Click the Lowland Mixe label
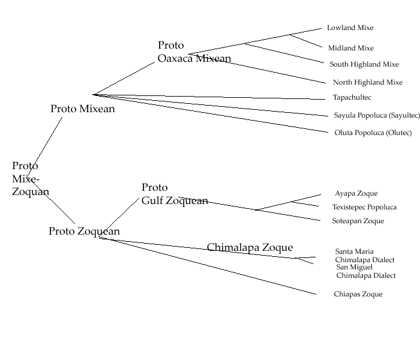350,28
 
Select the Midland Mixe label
350,48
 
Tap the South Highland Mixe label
364,64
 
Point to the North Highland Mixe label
367,82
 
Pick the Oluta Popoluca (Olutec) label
373,133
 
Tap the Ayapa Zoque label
356,193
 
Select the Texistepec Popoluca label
364,207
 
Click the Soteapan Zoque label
358,221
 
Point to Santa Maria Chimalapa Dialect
365,256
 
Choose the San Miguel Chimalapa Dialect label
365,271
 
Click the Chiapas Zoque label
358,294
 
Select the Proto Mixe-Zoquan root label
30,179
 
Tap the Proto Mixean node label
83,109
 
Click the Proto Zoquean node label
84,231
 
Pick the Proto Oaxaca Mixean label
194,52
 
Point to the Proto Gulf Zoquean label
175,194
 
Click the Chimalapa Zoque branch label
250,247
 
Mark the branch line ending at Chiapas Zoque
210,266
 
